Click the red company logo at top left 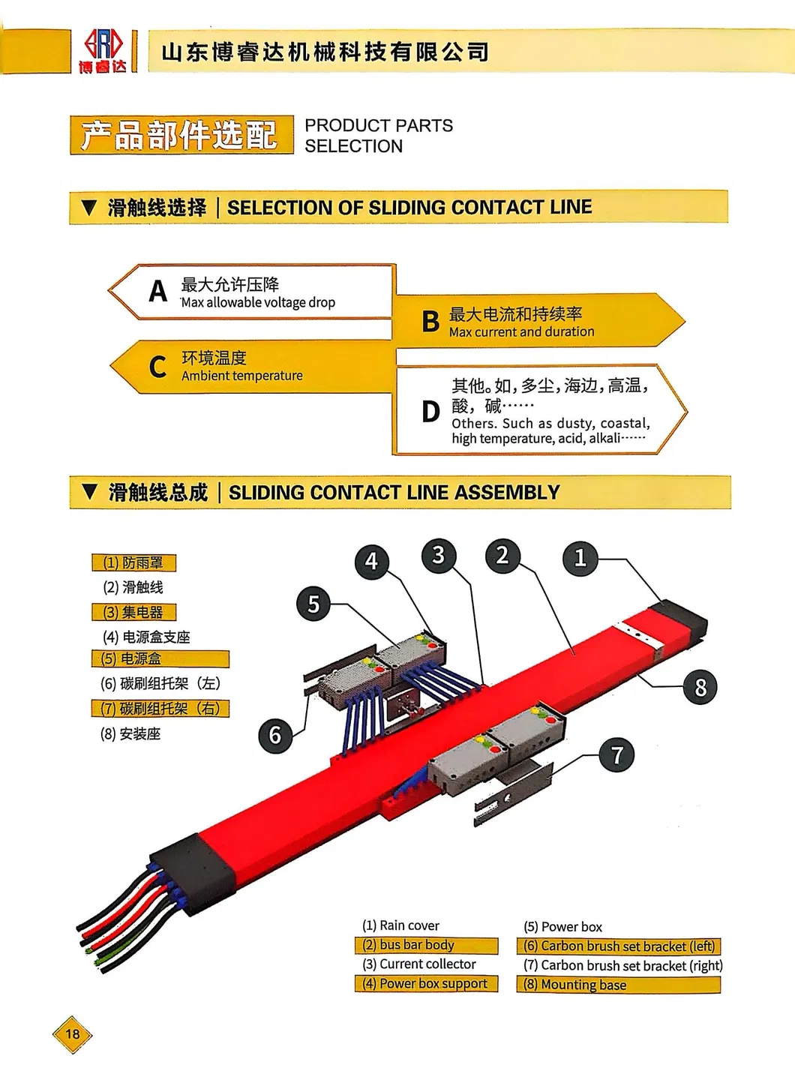pos(103,50)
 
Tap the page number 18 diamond pos(72,1034)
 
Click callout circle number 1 pos(580,558)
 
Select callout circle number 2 pos(502,556)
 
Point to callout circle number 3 pos(439,556)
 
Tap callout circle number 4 pos(371,561)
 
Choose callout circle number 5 pos(313,604)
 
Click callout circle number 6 pos(275,735)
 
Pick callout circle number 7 pos(616,754)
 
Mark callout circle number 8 pos(700,687)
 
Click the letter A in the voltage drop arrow pos(157,291)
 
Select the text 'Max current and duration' pos(521,331)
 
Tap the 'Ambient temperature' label pos(241,376)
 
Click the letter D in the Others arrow pos(430,412)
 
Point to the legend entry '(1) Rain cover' pos(400,925)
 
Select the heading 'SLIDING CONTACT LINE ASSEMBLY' pos(394,493)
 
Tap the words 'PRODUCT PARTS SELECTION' pos(378,136)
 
